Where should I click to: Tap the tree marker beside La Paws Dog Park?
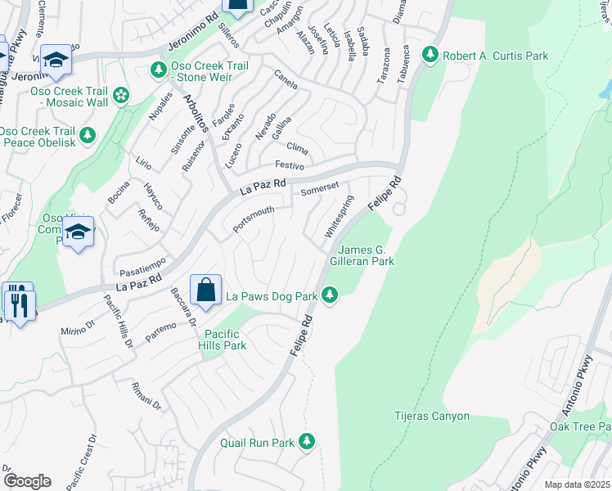[x=330, y=295]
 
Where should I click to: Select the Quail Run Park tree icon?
[x=307, y=442]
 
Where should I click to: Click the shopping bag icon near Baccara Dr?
[x=206, y=291]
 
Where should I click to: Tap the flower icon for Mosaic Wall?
[x=122, y=97]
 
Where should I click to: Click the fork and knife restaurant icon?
[x=18, y=304]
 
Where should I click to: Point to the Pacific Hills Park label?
[x=225, y=340]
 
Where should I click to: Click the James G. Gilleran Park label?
[x=367, y=255]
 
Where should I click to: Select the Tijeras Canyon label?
[x=432, y=416]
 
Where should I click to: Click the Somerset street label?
[x=319, y=190]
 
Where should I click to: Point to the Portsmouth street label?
[x=253, y=218]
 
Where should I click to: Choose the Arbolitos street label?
[x=196, y=116]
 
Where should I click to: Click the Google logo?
[x=27, y=480]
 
